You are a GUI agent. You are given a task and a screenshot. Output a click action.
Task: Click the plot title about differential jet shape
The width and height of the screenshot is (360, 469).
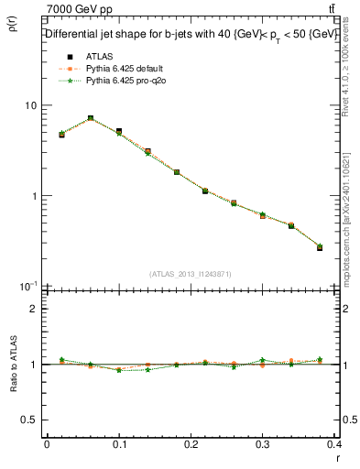click(x=191, y=34)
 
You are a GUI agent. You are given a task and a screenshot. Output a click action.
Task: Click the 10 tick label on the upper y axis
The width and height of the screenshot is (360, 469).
click(x=31, y=105)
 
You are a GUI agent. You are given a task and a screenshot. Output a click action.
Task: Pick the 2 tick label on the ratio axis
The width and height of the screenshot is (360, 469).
click(x=34, y=309)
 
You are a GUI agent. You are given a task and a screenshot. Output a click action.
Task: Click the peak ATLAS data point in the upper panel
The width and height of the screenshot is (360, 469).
click(x=90, y=118)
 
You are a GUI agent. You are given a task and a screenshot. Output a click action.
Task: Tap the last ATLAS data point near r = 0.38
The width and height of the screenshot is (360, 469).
click(x=320, y=247)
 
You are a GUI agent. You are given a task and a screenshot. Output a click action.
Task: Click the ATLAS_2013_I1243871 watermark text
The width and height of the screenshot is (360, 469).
click(x=191, y=274)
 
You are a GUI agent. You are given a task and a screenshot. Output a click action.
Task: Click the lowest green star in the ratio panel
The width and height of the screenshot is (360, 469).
click(x=119, y=370)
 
